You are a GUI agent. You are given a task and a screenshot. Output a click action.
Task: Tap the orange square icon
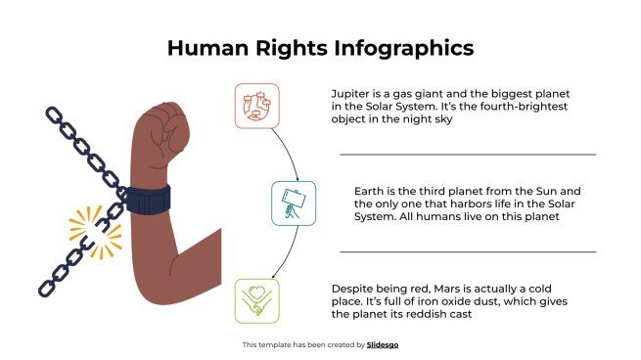coord(256,106)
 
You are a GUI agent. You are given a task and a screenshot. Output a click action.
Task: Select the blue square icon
coord(293,202)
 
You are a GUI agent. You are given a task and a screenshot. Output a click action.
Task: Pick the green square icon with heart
coord(257,300)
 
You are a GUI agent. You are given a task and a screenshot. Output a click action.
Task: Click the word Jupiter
coord(352,93)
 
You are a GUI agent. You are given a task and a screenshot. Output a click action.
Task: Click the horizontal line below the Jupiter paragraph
coord(467,155)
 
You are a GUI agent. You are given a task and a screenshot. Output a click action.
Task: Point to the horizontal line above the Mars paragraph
coord(467,251)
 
